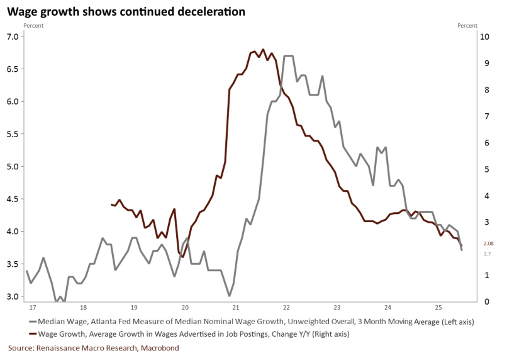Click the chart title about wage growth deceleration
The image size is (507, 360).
tap(126, 12)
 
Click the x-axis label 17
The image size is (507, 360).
tap(29, 308)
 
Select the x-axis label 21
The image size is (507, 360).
tap(235, 308)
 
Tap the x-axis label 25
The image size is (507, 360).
tap(440, 308)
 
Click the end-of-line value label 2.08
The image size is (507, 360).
tap(488, 244)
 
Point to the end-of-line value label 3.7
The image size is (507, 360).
tap(487, 254)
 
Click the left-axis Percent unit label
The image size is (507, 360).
tap(33, 25)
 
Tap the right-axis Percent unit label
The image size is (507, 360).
tap(467, 25)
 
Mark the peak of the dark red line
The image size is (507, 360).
tap(262, 50)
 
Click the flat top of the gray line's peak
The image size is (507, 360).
tap(288, 56)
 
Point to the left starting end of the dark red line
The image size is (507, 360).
tap(111, 205)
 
